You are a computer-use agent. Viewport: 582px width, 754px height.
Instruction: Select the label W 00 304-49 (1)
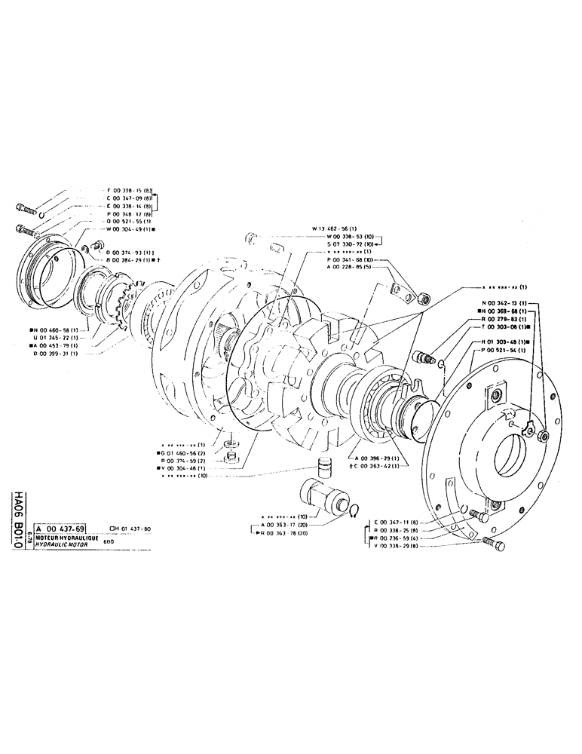coord(132,228)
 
